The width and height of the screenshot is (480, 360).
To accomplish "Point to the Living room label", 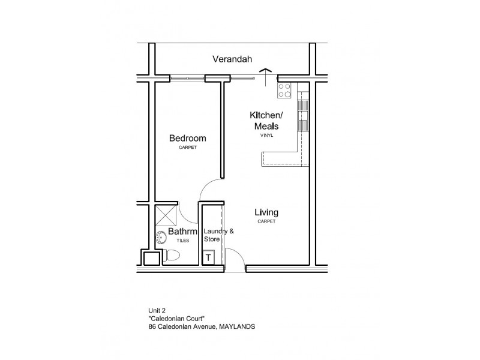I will pos(266,212).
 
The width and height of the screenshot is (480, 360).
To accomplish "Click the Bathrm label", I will pos(179,231).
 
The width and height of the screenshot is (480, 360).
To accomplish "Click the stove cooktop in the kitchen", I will pos(284,91).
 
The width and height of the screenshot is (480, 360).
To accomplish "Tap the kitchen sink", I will pos(303,115).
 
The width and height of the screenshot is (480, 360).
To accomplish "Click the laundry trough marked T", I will pos(208,257).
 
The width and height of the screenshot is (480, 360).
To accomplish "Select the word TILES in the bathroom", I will pos(182,240).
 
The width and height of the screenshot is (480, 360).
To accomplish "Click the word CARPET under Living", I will pos(266,222).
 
